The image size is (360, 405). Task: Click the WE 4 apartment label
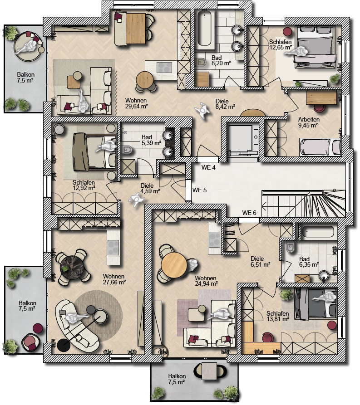coord(208,168)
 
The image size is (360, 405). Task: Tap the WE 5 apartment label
coord(199,190)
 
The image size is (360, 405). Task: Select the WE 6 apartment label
coord(249,213)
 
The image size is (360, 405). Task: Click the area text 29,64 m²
coord(136,106)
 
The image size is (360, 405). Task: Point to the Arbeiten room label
coord(309,120)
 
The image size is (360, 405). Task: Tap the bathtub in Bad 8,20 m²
coord(206,29)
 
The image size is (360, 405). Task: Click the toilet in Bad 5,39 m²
coord(127,150)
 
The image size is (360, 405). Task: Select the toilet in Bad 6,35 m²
coord(290,248)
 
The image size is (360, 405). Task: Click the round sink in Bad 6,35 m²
coord(324,275)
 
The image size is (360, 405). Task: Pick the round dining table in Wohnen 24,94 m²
coord(174,265)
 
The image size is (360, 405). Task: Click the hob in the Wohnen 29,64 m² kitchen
coord(164,68)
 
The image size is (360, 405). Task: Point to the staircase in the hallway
coord(304,203)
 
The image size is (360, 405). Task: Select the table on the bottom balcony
coord(209,371)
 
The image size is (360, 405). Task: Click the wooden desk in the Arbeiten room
coord(322,98)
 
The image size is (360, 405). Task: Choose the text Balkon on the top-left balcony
coord(25,75)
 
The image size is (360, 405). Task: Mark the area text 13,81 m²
coord(278,319)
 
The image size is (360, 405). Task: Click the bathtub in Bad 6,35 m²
coord(318,232)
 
